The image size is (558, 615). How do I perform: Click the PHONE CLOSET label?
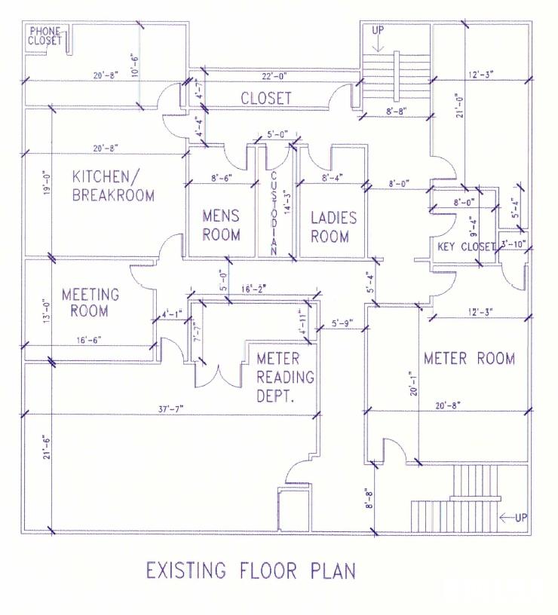[44, 36]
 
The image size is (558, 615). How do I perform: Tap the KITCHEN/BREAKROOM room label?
[113, 186]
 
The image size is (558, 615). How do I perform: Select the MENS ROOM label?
[221, 225]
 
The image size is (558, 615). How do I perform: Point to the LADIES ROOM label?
[333, 227]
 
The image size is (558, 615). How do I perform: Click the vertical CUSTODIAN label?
[274, 214]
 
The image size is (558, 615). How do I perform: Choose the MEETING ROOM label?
[90, 302]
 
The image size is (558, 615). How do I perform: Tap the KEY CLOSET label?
[466, 246]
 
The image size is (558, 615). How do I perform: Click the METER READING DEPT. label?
[285, 377]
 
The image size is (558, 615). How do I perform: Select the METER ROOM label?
[469, 359]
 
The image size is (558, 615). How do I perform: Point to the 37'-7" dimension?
[171, 409]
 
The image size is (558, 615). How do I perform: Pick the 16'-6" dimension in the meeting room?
[89, 340]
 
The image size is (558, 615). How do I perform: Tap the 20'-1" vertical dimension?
[413, 384]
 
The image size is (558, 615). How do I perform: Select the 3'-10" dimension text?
[514, 244]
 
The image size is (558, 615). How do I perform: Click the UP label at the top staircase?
[378, 30]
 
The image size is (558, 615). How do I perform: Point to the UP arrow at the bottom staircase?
[507, 518]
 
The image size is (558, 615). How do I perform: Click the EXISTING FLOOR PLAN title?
[251, 571]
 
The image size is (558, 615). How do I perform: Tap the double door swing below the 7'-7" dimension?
[218, 376]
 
